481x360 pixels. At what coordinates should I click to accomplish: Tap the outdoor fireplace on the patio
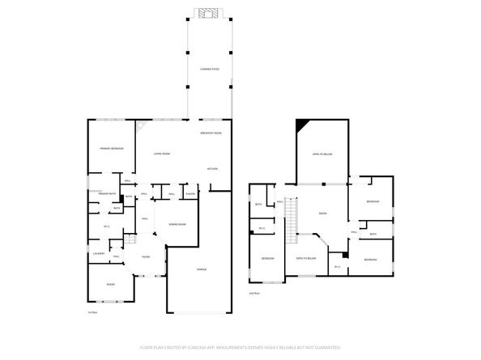tap(209, 13)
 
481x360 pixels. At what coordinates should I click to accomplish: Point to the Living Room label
tap(162, 154)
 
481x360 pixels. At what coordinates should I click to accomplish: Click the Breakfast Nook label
tap(211, 133)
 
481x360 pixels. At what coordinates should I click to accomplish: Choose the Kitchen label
tap(212, 169)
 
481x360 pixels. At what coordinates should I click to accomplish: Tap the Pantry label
tap(192, 194)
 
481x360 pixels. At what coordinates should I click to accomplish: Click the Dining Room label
tap(177, 224)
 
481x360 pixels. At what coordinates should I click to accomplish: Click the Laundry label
tap(99, 254)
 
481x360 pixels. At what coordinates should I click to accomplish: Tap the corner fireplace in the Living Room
tap(140, 126)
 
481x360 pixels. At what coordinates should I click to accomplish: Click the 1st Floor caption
tap(92, 311)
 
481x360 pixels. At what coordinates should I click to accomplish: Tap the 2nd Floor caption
tap(254, 293)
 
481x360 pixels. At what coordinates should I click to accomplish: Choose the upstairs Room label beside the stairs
tap(322, 214)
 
